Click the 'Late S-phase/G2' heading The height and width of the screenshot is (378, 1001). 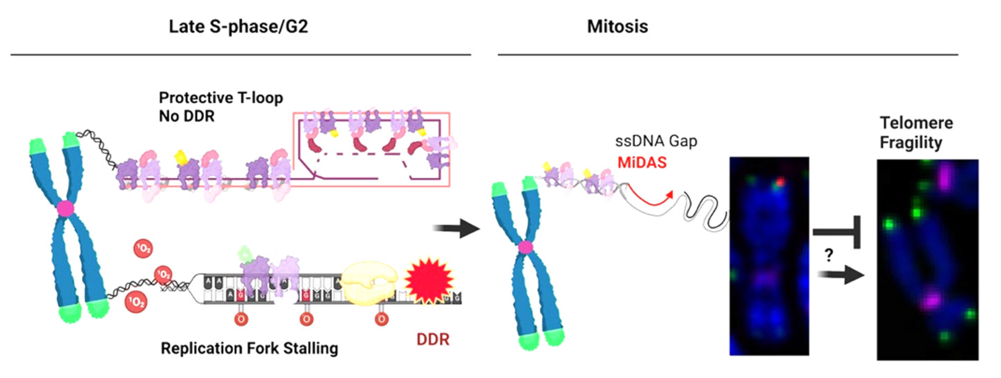tap(238, 27)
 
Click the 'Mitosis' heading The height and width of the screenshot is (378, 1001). tap(617, 27)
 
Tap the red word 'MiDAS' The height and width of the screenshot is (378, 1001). tap(642, 162)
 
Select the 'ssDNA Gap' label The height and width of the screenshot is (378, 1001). tap(656, 141)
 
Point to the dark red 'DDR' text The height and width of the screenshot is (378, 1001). tap(433, 339)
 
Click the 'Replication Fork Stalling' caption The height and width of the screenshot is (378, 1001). tap(249, 348)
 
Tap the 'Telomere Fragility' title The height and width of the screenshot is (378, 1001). tap(916, 132)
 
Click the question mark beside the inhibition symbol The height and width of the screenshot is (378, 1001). tap(829, 255)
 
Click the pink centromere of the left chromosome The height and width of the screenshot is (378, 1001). tap(65, 209)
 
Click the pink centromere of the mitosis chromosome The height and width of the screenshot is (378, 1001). tap(525, 247)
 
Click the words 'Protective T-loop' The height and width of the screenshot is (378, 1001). tap(221, 98)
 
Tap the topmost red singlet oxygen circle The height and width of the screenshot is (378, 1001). tap(143, 248)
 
